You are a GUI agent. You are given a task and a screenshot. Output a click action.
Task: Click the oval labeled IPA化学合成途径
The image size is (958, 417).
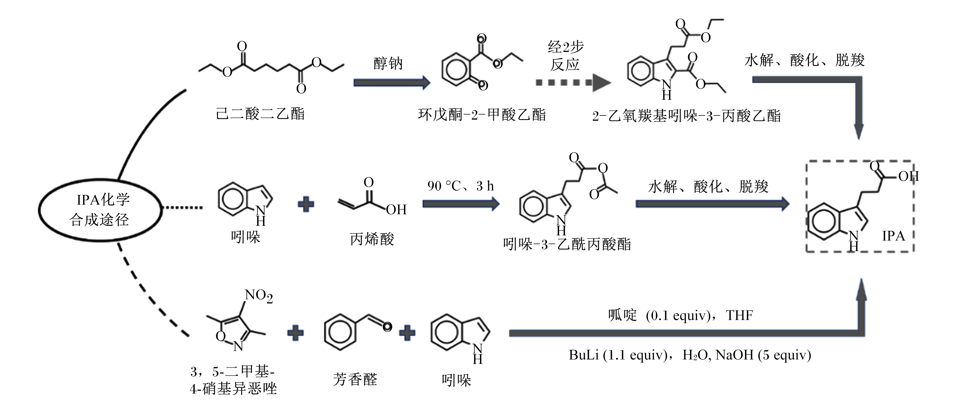40,210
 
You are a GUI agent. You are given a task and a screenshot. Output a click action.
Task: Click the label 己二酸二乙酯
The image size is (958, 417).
260,114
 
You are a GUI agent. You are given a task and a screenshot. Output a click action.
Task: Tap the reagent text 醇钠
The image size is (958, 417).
388,64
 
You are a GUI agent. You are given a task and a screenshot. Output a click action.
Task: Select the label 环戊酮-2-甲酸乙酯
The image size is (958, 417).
482,114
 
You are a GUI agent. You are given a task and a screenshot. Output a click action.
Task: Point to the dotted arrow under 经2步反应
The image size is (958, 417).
573,82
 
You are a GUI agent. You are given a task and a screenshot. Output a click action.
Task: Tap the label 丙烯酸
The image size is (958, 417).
372,239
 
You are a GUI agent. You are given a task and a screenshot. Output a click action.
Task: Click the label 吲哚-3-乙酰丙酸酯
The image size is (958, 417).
567,244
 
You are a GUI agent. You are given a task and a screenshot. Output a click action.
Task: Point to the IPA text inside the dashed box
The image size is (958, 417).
893,236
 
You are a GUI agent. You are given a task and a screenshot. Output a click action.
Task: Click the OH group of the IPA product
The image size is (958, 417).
909,176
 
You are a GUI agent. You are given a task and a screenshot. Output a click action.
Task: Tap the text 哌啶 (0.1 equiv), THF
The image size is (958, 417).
680,315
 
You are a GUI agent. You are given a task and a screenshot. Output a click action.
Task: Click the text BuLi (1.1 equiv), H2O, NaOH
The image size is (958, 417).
690,355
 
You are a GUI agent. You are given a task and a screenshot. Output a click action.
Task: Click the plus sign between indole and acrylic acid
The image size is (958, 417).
306,204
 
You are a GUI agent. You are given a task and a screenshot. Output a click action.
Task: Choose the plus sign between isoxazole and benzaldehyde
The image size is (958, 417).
295,333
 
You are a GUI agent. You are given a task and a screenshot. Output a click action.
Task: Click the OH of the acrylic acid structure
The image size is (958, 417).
396,210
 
